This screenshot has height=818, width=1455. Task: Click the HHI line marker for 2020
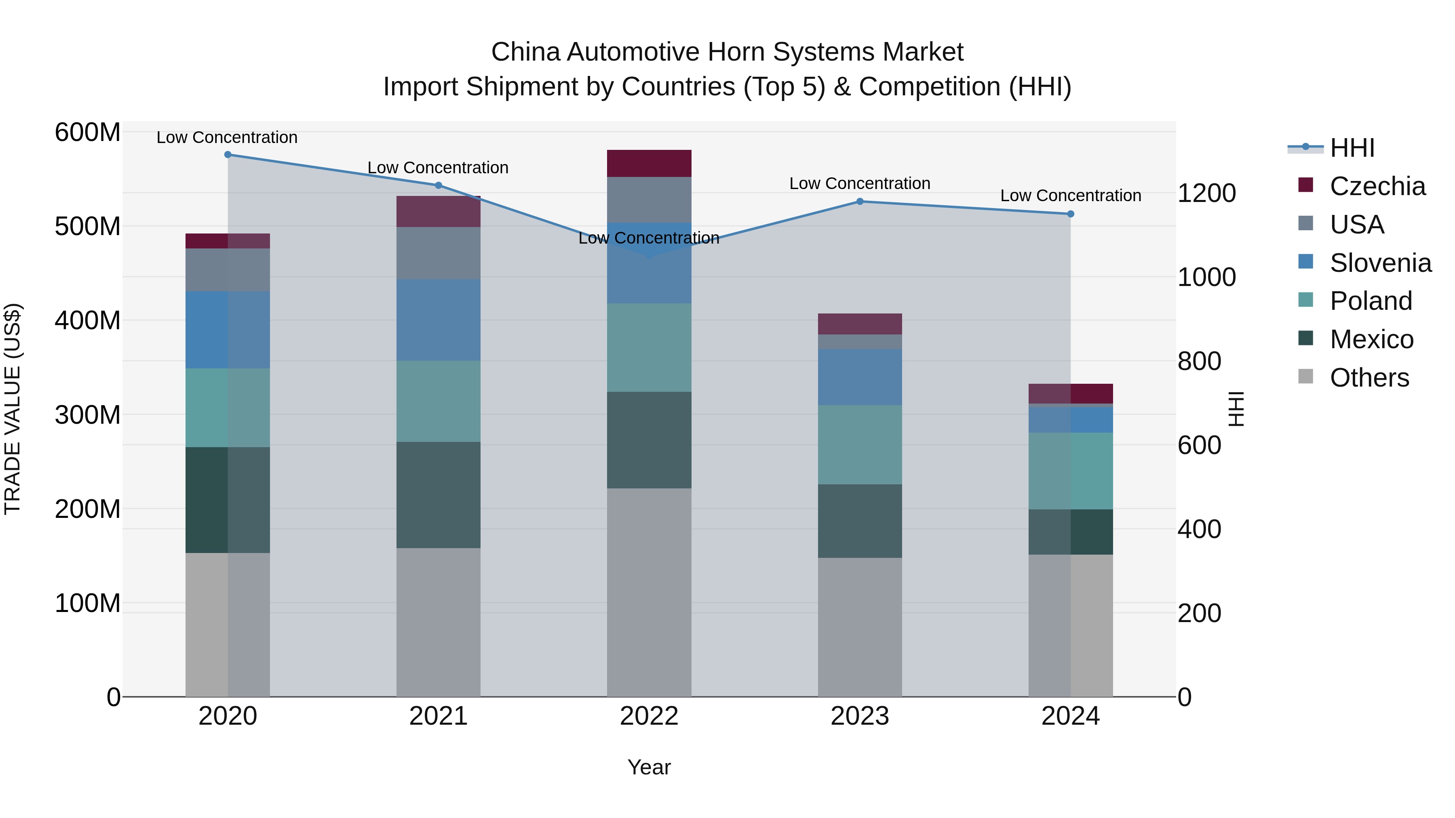click(228, 155)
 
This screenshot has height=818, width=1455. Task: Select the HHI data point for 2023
click(860, 202)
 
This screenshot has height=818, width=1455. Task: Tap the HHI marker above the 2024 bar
click(1070, 214)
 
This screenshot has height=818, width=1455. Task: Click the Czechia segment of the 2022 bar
click(649, 164)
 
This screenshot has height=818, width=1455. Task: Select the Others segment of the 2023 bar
click(860, 627)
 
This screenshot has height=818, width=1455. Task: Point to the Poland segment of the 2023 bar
click(860, 444)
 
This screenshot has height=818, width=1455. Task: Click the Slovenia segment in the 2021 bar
click(438, 320)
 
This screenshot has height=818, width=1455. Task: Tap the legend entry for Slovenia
click(1380, 263)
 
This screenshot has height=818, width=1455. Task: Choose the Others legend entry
click(1369, 378)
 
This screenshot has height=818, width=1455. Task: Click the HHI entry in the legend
click(1352, 148)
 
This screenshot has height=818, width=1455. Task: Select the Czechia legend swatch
click(1306, 185)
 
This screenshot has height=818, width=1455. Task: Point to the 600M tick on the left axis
click(88, 132)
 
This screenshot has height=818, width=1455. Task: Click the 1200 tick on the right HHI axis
click(1206, 193)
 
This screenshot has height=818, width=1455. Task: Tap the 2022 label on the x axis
click(649, 716)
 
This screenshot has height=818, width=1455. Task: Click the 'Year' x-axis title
click(649, 767)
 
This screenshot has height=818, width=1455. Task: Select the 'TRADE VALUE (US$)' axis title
click(13, 409)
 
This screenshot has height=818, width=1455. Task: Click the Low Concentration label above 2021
click(438, 168)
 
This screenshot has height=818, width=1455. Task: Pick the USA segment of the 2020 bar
click(228, 270)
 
